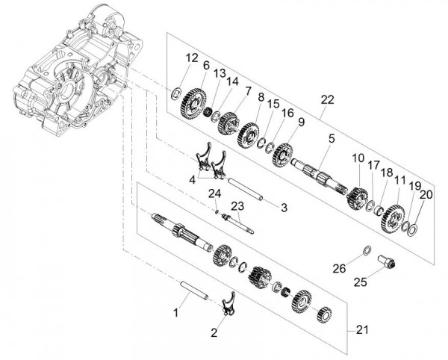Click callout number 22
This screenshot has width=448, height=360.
(x=327, y=100)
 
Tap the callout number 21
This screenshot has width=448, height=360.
(x=362, y=330)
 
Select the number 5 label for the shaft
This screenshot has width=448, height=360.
(x=331, y=139)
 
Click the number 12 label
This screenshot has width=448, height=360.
(x=192, y=58)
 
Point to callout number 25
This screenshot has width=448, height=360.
(x=360, y=282)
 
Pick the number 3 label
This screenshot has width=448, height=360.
(x=284, y=208)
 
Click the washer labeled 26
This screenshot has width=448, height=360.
(x=367, y=250)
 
